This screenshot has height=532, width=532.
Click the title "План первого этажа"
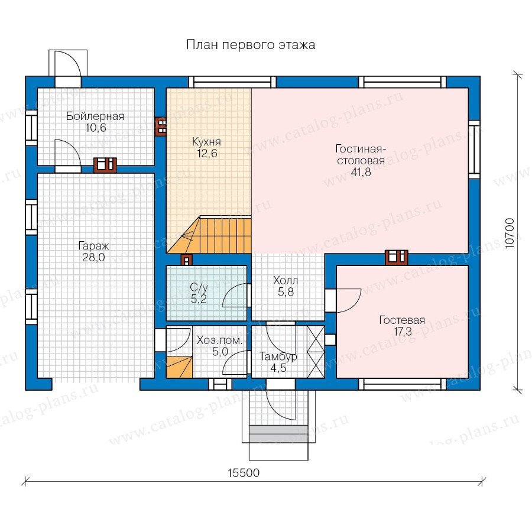tap(251, 45)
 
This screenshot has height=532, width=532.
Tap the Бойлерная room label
tap(95, 116)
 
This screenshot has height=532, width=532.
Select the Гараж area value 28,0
tap(93, 258)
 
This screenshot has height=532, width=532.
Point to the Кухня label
tap(206, 141)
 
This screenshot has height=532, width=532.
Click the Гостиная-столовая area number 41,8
tap(361, 172)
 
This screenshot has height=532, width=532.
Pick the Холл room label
tap(286, 281)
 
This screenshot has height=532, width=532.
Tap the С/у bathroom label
tap(199, 288)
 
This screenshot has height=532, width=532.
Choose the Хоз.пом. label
tap(220, 340)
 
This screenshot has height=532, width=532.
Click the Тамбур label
tap(278, 356)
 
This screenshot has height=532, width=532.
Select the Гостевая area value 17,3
tap(403, 331)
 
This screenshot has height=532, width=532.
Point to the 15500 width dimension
tap(244, 473)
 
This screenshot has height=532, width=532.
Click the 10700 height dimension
tap(510, 233)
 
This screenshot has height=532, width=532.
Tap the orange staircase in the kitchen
tap(209, 235)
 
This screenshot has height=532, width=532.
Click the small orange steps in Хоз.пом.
tap(179, 367)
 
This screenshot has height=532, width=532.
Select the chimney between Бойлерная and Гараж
tap(105, 166)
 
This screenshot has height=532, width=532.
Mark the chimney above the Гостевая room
tap(396, 258)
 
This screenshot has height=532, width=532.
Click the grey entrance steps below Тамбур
tap(278, 434)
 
